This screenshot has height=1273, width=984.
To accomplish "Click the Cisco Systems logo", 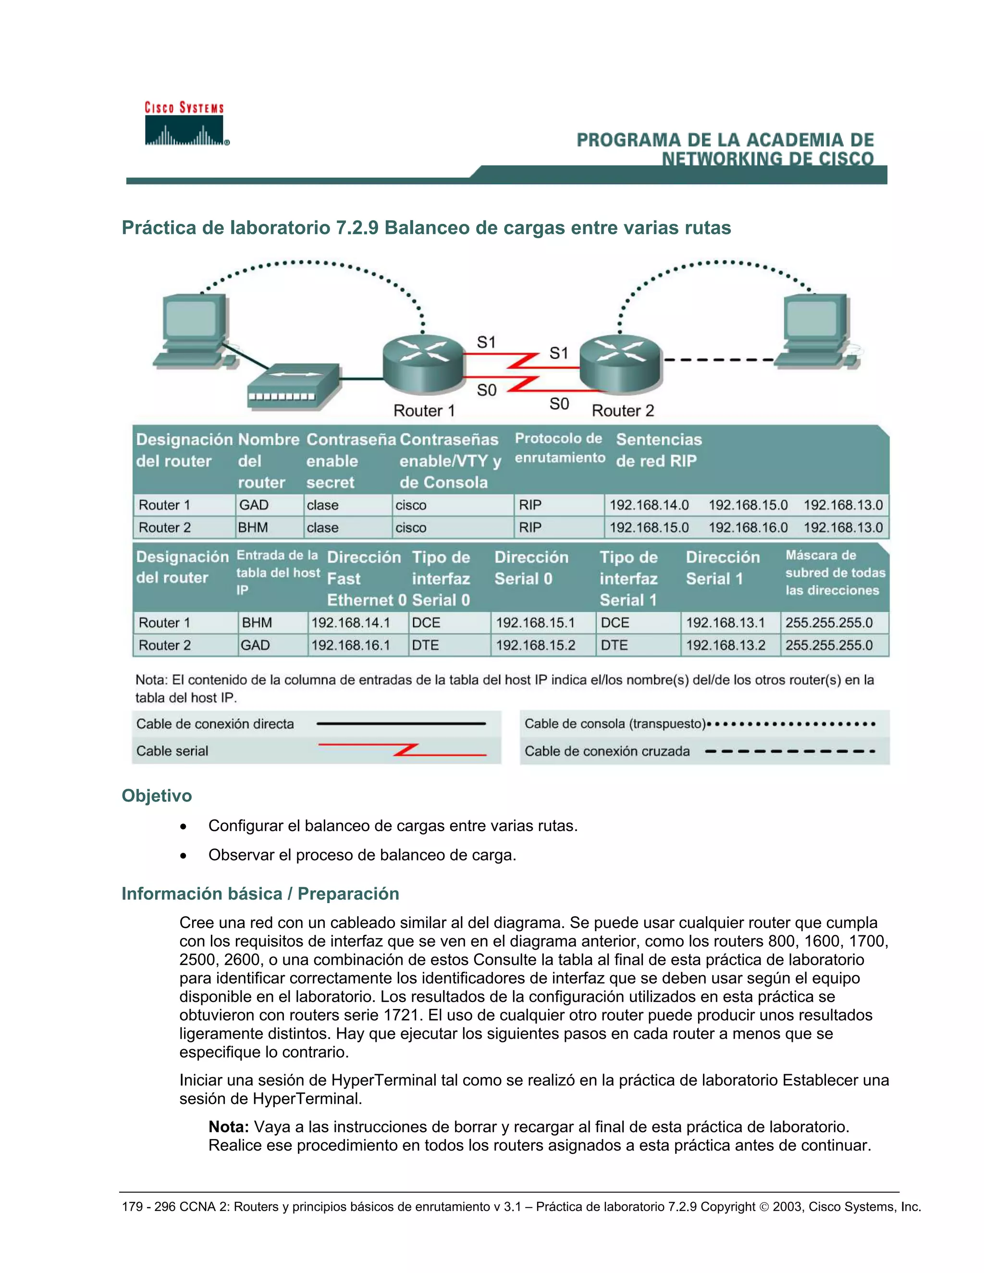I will click(x=185, y=124).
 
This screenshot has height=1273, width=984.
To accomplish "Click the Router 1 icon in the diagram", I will click(x=423, y=364).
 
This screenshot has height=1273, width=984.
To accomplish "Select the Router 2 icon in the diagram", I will click(x=620, y=364).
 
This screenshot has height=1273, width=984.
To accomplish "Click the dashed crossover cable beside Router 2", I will click(x=719, y=360).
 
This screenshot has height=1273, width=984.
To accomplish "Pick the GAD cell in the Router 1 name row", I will click(x=254, y=505).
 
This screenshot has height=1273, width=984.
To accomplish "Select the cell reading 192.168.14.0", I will click(x=649, y=505).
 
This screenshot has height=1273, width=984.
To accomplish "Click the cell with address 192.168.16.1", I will click(x=350, y=645).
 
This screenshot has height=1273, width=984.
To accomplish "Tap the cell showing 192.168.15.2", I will click(x=535, y=645).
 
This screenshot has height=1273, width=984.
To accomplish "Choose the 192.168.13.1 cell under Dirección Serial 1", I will click(x=725, y=623).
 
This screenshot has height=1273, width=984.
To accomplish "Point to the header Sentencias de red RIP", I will click(x=658, y=450).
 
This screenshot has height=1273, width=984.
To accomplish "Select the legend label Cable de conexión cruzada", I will click(x=607, y=751).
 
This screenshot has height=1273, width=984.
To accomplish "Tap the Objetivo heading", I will click(x=156, y=796).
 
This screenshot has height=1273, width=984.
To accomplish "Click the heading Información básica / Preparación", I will click(x=260, y=894).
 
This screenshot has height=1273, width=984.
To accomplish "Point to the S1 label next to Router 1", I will click(x=486, y=342).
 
